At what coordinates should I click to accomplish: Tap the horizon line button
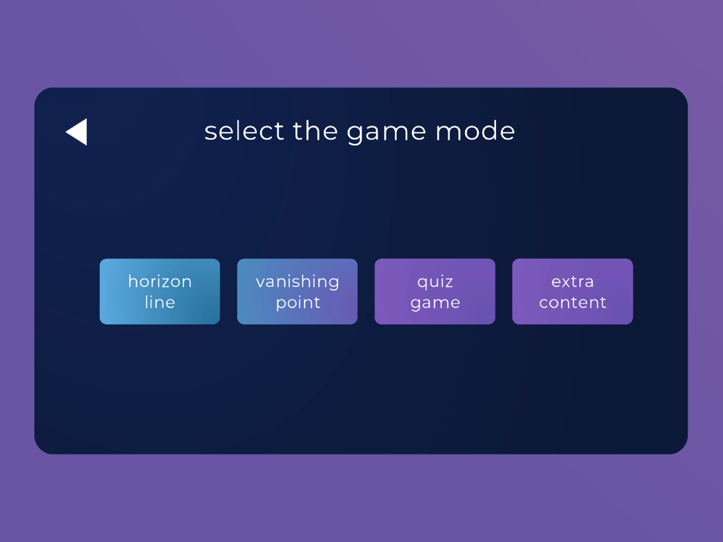click(160, 291)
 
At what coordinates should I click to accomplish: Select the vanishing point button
click(297, 291)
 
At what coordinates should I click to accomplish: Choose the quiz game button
click(435, 291)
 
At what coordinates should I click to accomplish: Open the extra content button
click(573, 291)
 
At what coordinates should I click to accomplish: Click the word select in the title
click(244, 131)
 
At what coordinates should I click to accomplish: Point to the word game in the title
click(386, 133)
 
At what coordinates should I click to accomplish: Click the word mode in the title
click(476, 131)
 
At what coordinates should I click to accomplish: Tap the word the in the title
click(315, 131)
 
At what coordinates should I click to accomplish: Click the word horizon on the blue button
click(160, 281)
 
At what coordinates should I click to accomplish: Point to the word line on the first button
click(160, 302)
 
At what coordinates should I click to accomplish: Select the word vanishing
click(297, 282)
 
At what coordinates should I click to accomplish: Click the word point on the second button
click(298, 304)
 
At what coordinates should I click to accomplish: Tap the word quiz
click(435, 282)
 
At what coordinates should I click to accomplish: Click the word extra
click(573, 282)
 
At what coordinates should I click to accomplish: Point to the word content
click(573, 302)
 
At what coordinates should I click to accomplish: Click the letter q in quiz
click(422, 283)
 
